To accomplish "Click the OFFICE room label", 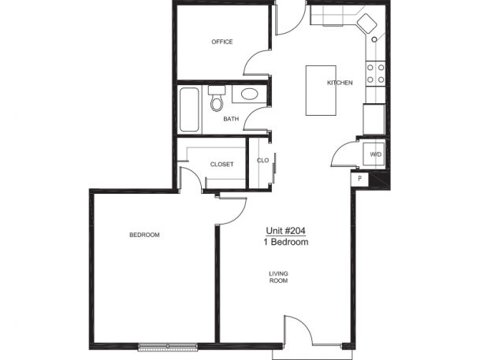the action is tap(222, 42).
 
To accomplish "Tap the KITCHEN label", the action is tap(340, 83).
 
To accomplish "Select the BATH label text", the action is tap(231, 119).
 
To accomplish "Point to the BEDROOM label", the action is tap(144, 235).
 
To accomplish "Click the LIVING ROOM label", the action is tap(278, 277).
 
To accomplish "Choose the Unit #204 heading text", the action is tap(286, 231).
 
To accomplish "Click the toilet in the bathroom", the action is tap(217, 98).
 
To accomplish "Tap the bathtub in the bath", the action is tap(189, 109).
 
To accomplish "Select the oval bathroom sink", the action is tap(249, 94).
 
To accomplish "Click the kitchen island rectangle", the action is tap(321, 91).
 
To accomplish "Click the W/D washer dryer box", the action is tap(374, 154).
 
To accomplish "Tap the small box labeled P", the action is tap(359, 178).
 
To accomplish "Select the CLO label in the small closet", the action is tap(263, 160).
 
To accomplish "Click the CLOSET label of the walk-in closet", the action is tap(222, 165).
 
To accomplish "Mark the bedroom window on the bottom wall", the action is tap(168, 347).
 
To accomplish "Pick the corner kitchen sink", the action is tap(367, 24).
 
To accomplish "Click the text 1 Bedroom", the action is tap(286, 243).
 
